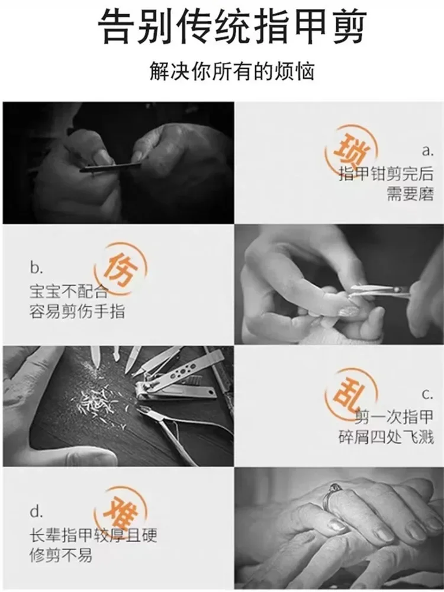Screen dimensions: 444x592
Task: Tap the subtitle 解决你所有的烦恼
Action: (x=232, y=70)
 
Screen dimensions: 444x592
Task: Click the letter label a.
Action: (x=428, y=151)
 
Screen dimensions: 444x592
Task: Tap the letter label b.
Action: (x=36, y=268)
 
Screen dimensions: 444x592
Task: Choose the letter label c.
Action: (x=428, y=394)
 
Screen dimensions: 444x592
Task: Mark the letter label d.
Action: (x=36, y=511)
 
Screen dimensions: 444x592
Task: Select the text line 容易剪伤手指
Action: (x=77, y=312)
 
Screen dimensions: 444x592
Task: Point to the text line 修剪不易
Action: (x=61, y=555)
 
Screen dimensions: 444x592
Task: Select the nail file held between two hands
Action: (x=110, y=167)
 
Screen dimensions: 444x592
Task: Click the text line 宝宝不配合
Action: (x=69, y=291)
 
